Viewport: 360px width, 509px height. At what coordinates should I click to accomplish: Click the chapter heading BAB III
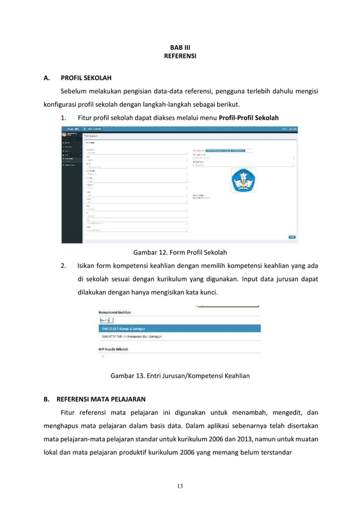point(179,47)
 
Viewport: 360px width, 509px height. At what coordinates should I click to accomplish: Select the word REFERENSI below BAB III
point(179,56)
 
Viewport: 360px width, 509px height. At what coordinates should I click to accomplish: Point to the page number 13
point(179,486)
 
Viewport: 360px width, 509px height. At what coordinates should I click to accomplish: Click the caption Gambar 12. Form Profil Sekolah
point(179,252)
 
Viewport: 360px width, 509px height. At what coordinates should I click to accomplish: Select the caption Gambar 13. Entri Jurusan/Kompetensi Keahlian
point(179,375)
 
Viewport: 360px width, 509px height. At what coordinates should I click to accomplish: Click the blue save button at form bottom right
point(292,237)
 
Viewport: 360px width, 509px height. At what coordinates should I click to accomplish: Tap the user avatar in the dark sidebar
point(64,134)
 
